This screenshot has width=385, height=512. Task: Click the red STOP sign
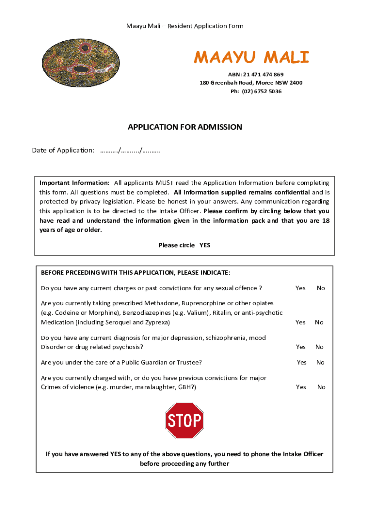click(184, 421)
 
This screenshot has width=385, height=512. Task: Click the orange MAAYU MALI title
click(252, 58)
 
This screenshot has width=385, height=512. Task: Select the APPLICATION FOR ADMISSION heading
click(185, 127)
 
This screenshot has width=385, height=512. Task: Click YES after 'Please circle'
click(205, 245)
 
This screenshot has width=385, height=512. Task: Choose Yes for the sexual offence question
click(300, 288)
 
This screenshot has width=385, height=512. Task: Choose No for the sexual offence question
click(321, 288)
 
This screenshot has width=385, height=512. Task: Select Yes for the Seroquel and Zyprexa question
click(300, 322)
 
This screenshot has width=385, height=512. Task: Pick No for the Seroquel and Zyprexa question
click(319, 322)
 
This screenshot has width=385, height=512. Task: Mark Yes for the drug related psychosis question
click(300, 347)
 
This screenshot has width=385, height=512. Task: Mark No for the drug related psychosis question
click(320, 347)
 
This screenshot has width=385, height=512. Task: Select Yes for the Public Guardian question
click(302, 362)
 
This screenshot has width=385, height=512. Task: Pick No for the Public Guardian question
click(320, 362)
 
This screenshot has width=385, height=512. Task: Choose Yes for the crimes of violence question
click(301, 387)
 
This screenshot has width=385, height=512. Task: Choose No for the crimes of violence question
click(321, 387)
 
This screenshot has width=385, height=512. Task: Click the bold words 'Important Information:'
click(74, 183)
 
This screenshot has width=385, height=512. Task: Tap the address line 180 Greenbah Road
click(251, 83)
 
